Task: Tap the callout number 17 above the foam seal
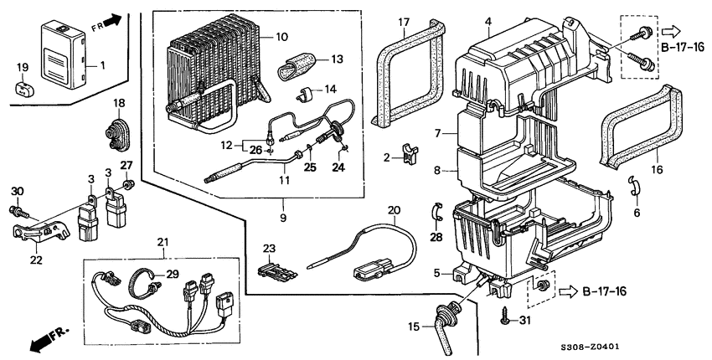click(404, 21)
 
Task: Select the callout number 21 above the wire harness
click(163, 243)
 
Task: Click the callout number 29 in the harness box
click(173, 275)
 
